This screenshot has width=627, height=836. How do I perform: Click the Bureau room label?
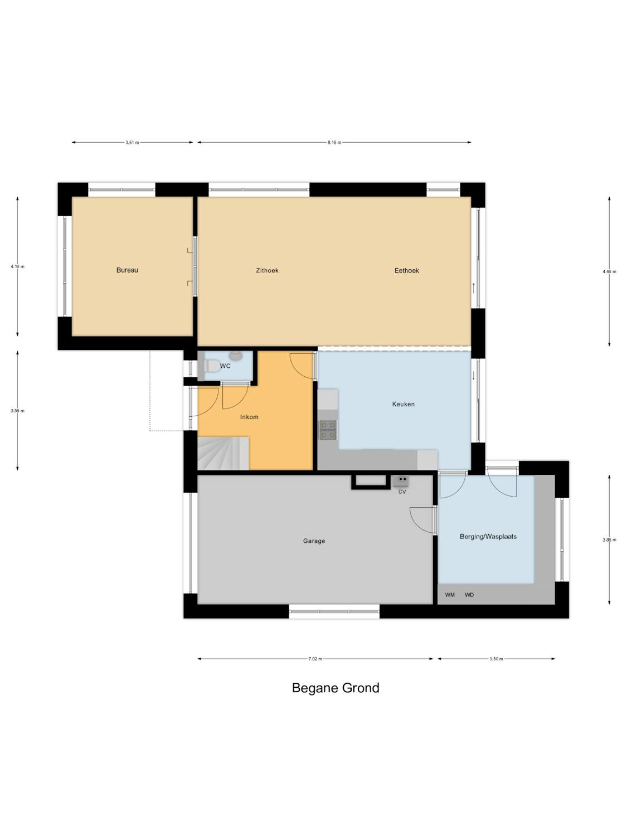coord(127,270)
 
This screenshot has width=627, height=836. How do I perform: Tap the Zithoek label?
coord(268,270)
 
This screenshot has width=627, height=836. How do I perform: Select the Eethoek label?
coord(407,270)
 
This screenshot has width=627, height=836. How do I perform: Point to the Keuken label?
coord(403,404)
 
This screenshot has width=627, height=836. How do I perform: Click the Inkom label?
coord(249,417)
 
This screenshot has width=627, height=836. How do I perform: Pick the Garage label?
coord(314,541)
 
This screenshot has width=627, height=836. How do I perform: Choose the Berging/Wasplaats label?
coord(488,536)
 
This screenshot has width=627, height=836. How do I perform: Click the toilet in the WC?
coord(211,366)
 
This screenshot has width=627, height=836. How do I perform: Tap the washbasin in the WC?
coord(236,356)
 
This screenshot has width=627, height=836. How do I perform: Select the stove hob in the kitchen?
coord(328,430)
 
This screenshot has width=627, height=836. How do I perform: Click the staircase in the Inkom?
coord(223,453)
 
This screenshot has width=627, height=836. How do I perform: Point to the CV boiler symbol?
coord(401,481)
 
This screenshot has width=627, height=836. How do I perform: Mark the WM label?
coord(450,595)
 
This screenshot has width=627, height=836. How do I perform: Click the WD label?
coord(469,595)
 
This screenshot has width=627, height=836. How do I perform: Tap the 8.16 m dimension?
coord(334,143)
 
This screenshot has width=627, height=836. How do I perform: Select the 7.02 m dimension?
coord(315,659)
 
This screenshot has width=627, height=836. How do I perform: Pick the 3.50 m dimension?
coord(496,659)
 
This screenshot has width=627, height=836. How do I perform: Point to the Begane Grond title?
coord(336,687)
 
